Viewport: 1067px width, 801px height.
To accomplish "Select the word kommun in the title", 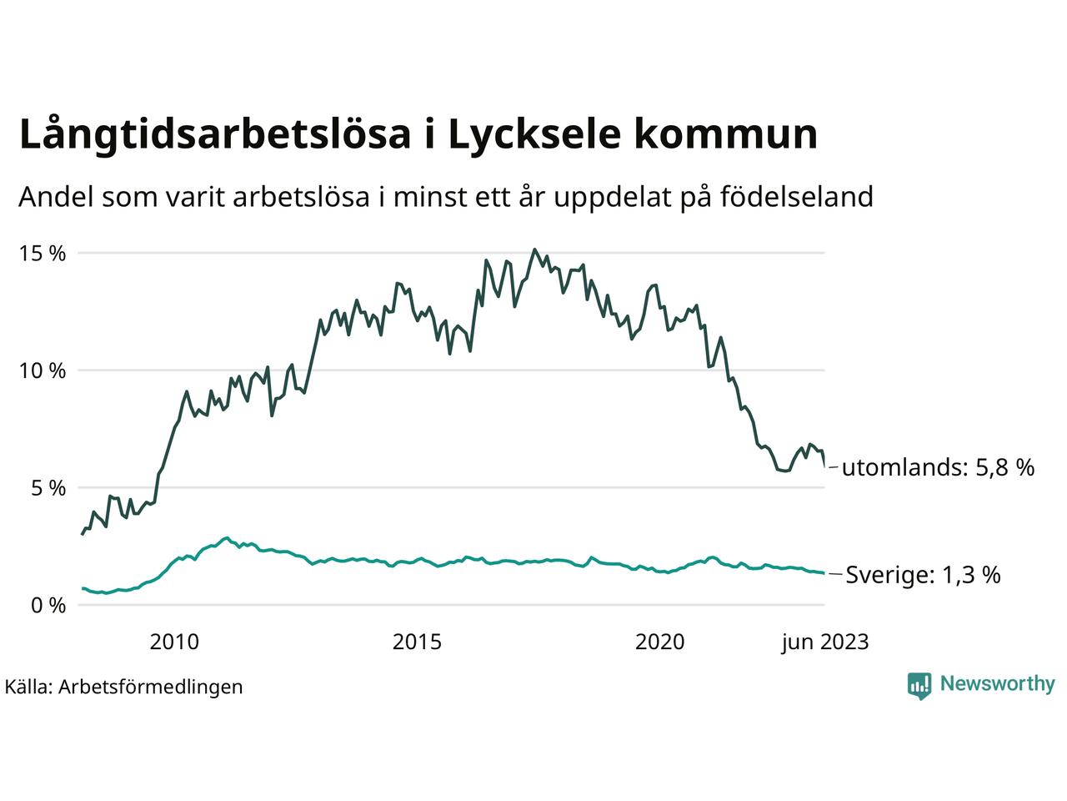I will (736, 135).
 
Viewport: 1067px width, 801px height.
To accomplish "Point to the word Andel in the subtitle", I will (55, 198).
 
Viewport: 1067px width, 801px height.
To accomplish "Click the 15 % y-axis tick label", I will (43, 254).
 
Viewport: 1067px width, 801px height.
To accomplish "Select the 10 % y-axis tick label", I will (43, 370).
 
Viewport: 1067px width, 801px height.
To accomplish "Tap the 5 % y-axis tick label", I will (48, 488).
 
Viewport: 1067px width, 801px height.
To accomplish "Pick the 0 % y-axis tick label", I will (48, 606).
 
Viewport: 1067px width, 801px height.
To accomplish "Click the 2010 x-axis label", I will (174, 642).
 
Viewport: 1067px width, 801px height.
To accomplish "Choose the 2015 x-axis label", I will (418, 642).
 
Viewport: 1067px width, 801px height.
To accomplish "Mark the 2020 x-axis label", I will (660, 642).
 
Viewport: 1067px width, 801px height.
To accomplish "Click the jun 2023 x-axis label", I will (824, 642).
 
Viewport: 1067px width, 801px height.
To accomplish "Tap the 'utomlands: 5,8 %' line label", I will (938, 467).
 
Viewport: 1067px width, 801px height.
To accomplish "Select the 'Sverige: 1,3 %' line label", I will (923, 575).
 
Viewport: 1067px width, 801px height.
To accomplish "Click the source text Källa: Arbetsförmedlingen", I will (123, 687).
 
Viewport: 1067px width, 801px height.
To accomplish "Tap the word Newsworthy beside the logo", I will (997, 684).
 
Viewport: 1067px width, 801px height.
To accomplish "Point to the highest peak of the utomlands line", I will (534, 249).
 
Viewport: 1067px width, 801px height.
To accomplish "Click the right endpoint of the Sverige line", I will (824, 573).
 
